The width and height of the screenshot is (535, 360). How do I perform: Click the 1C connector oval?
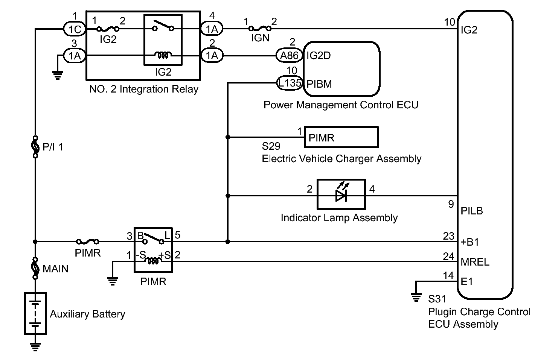(x=75, y=29)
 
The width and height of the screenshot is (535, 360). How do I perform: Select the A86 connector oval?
(x=289, y=56)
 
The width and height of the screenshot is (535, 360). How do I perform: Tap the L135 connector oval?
(x=290, y=83)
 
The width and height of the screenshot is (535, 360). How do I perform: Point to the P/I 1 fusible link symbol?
(x=35, y=146)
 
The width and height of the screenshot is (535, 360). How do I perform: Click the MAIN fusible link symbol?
(x=35, y=268)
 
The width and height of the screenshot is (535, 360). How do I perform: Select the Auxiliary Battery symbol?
(x=35, y=313)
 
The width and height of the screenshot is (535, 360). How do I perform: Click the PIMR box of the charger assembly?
(x=341, y=137)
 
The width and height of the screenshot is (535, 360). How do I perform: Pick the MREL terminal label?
(x=475, y=262)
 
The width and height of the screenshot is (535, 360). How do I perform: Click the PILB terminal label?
(x=472, y=211)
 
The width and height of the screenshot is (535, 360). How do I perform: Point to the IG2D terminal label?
(x=319, y=56)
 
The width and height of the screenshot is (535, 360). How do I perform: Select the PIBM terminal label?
(x=319, y=84)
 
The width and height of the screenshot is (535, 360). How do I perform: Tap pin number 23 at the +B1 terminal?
(x=448, y=236)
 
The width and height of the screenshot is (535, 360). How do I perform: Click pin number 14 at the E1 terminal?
(x=448, y=276)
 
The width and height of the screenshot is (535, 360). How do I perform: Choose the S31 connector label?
(x=437, y=299)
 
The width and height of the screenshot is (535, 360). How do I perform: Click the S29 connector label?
(x=271, y=146)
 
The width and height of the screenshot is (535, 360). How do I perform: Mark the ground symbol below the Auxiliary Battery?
(x=35, y=346)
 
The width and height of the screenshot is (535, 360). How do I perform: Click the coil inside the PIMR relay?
(x=153, y=261)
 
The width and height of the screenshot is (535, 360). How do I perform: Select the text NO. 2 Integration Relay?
(x=143, y=89)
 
